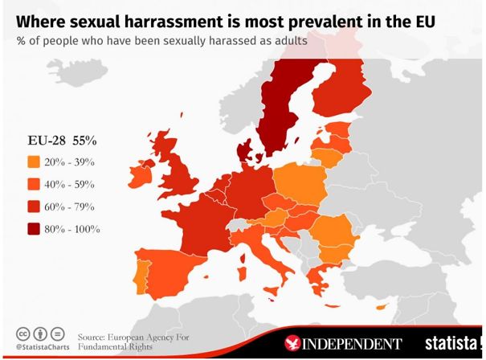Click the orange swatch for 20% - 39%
pyautogui.click(x=33, y=162)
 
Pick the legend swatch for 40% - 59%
pyautogui.click(x=33, y=184)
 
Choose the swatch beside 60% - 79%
pyautogui.click(x=33, y=207)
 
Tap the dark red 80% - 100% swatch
pyautogui.click(x=33, y=229)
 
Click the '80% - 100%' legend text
pyautogui.click(x=73, y=229)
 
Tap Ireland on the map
pyautogui.click(x=163, y=170)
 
